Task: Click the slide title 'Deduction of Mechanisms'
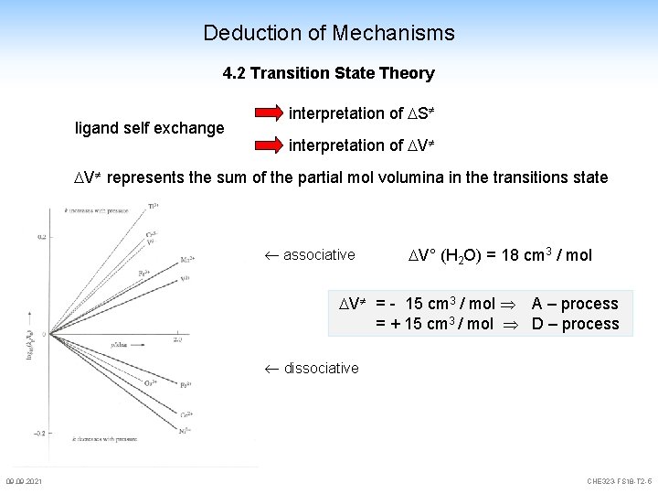(328, 34)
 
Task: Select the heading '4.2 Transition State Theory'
(328, 73)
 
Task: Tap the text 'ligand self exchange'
(149, 128)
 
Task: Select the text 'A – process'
(575, 304)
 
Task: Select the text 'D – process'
(575, 324)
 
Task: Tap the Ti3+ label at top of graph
(153, 207)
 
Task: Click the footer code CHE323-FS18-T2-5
(621, 482)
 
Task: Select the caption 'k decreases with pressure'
(92, 442)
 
